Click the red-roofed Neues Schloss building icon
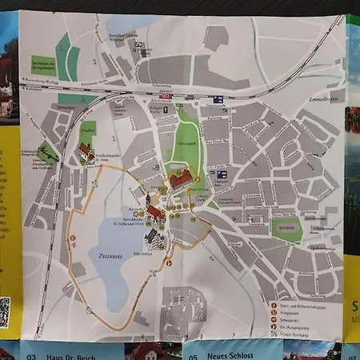(182, 178)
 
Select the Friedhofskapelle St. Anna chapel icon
(86, 152)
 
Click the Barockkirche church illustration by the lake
(154, 213)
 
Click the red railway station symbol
(167, 95)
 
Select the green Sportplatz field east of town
(286, 228)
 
